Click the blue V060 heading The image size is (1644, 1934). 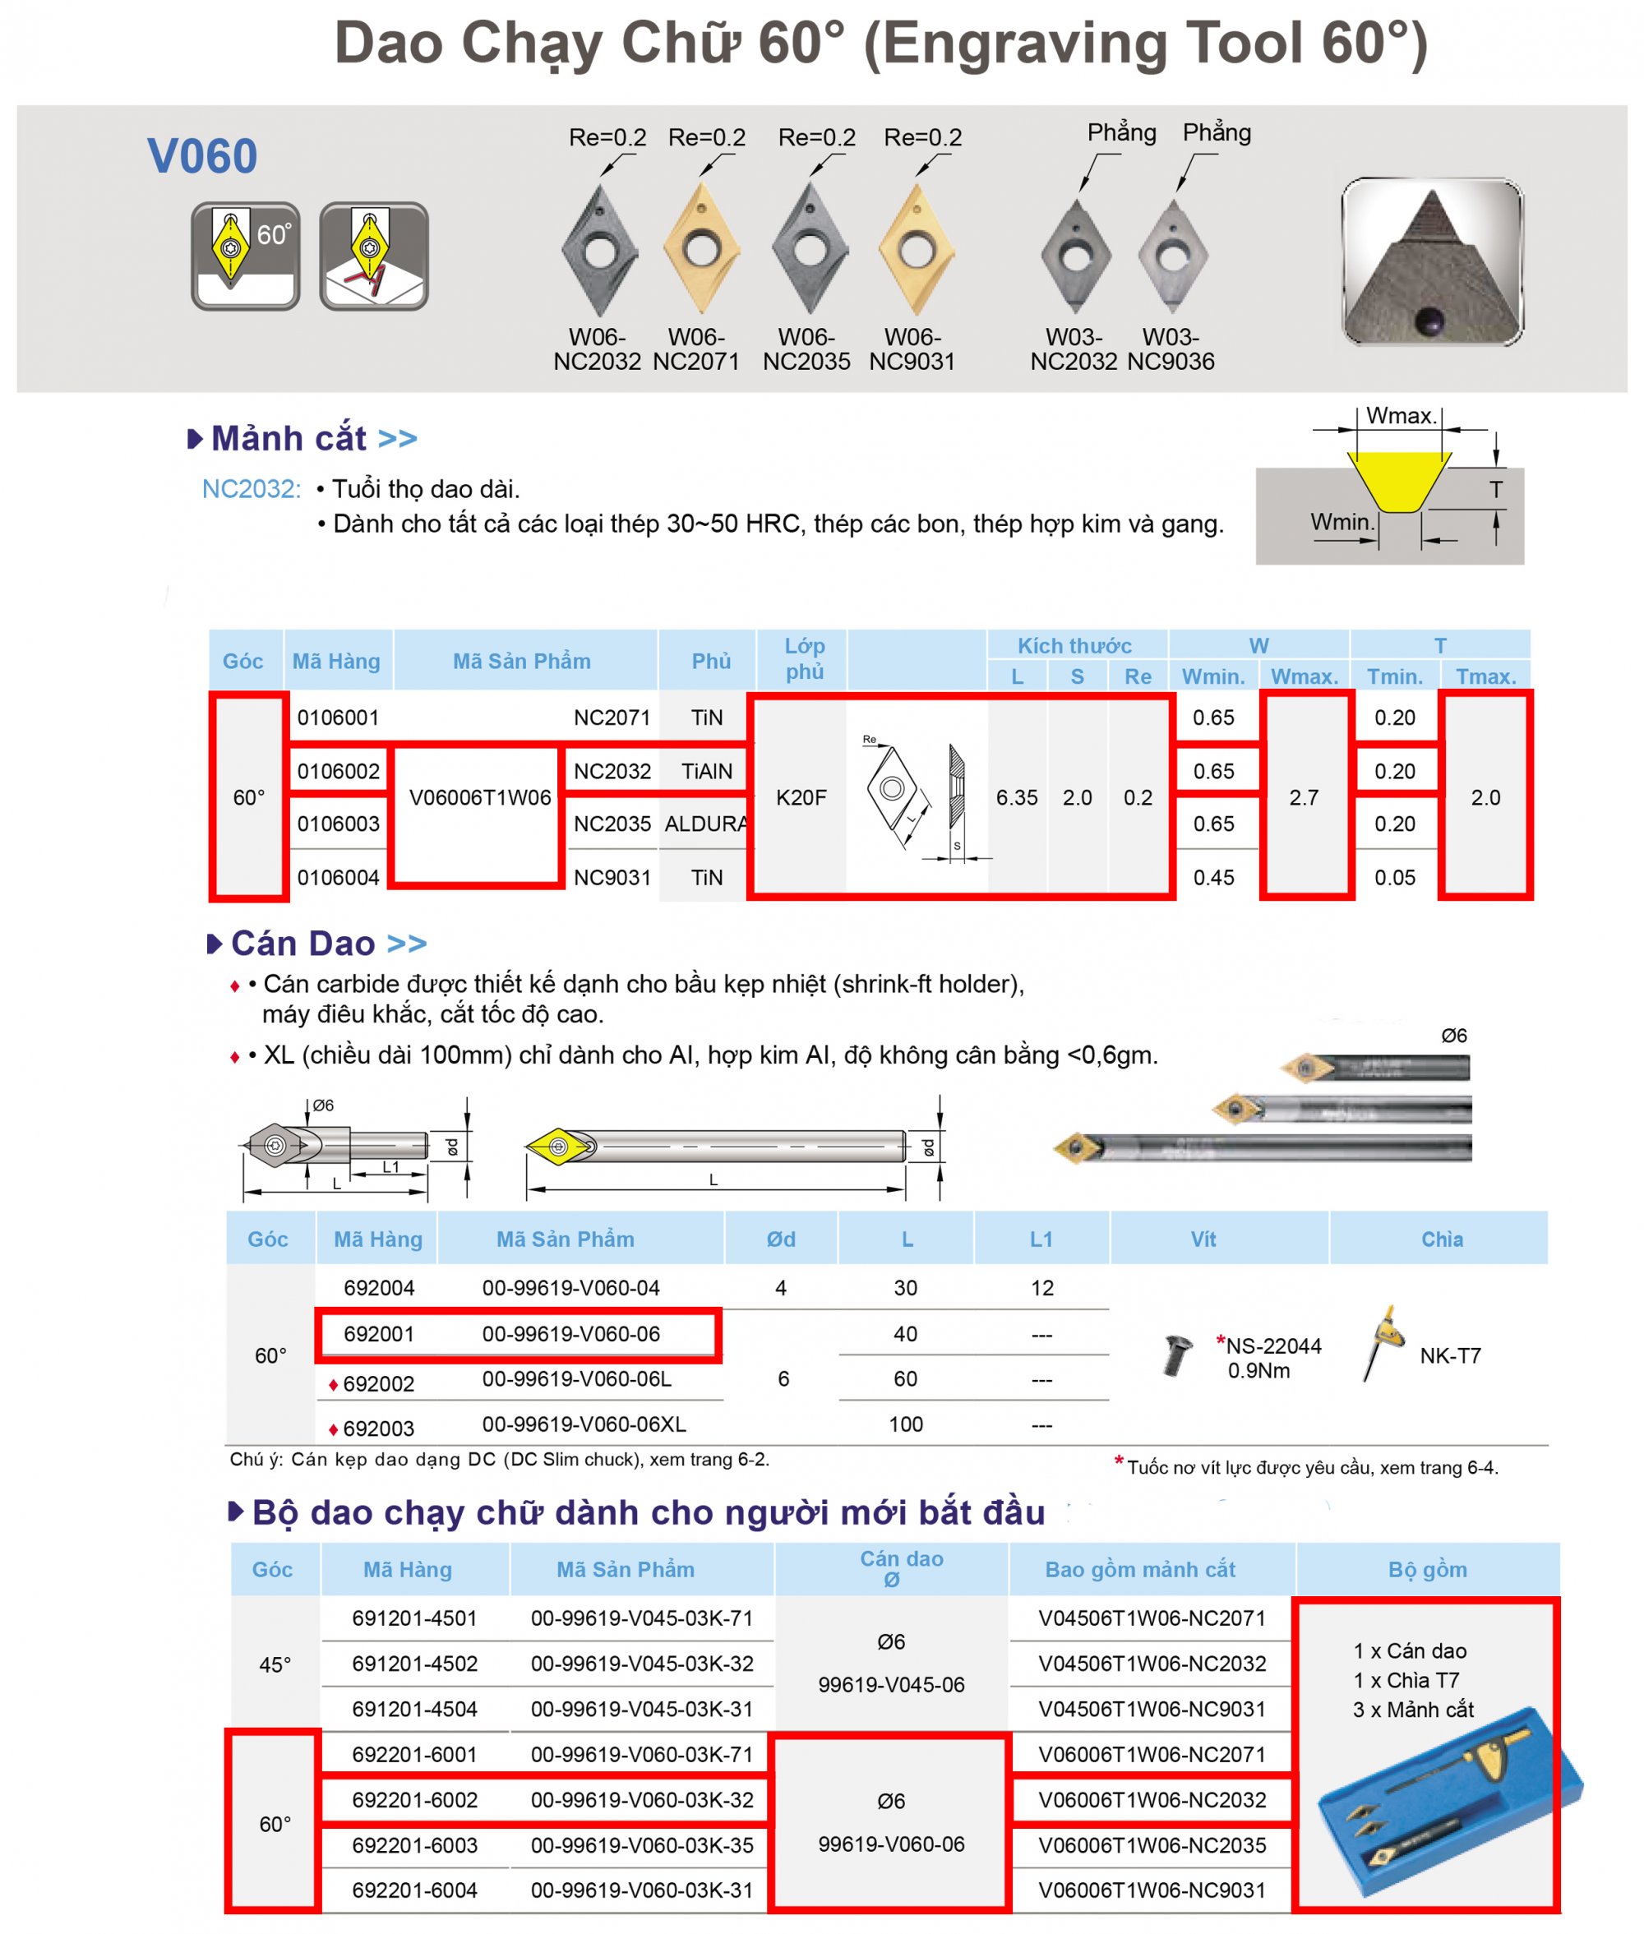pos(202,155)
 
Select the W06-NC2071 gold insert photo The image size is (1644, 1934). pos(701,249)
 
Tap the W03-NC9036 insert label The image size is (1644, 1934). pos(1171,348)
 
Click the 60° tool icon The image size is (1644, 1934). pos(245,256)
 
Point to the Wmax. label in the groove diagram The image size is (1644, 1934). pos(1401,416)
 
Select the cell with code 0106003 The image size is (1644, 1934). pos(339,824)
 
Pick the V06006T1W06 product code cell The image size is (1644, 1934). pos(480,798)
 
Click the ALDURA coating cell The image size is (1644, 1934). pos(705,824)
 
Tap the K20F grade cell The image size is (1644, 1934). pos(801,798)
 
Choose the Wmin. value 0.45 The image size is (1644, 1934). pos(1213,877)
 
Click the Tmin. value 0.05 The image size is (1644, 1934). pos(1394,877)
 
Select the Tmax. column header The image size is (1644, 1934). pos(1485,676)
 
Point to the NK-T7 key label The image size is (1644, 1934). pos(1450,1356)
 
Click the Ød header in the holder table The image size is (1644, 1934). pos(781,1239)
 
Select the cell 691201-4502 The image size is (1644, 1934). pos(415,1664)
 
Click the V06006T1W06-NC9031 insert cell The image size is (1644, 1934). pos(1152,1890)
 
